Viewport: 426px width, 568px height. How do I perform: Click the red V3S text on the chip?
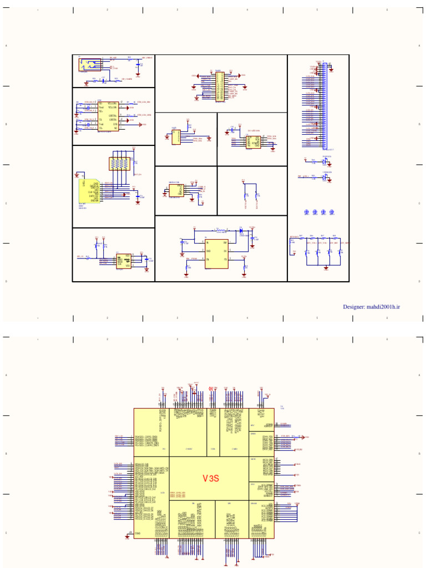coord(210,478)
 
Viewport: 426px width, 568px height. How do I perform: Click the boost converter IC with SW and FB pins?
coord(216,254)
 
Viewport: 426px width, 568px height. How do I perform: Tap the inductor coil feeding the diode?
coord(221,230)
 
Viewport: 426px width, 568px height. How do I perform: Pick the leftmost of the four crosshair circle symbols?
coord(307,212)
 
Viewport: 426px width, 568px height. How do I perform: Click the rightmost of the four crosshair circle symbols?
coord(332,212)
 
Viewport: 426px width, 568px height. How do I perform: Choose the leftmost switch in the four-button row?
coord(306,253)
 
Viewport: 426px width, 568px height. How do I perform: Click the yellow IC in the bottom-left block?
coord(123,261)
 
